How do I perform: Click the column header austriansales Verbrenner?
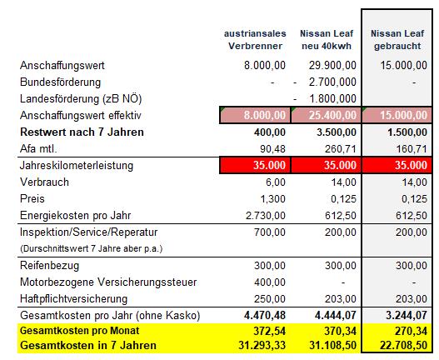point(255,40)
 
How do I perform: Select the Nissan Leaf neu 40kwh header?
point(327,40)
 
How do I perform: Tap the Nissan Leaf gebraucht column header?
point(397,40)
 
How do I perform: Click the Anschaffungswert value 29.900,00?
point(332,66)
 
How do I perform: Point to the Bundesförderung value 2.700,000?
point(332,82)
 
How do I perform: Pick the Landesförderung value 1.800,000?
point(332,98)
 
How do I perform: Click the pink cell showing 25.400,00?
point(327,115)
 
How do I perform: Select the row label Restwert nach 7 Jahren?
point(82,132)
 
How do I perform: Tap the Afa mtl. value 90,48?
point(272,149)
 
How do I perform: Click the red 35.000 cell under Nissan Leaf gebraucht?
point(397,165)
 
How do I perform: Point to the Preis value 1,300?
point(272,199)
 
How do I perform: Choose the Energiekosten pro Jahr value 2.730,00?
point(266,216)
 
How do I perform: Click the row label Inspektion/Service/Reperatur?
point(89,232)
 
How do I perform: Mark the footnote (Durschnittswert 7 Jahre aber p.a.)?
point(92,249)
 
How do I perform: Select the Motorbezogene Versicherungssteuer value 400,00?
point(270,282)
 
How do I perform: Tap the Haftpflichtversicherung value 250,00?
point(270,299)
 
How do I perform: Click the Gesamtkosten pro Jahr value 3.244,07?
point(407,316)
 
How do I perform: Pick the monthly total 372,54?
point(269,331)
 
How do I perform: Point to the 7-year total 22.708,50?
point(403,346)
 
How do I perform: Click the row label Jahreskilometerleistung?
point(77,165)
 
